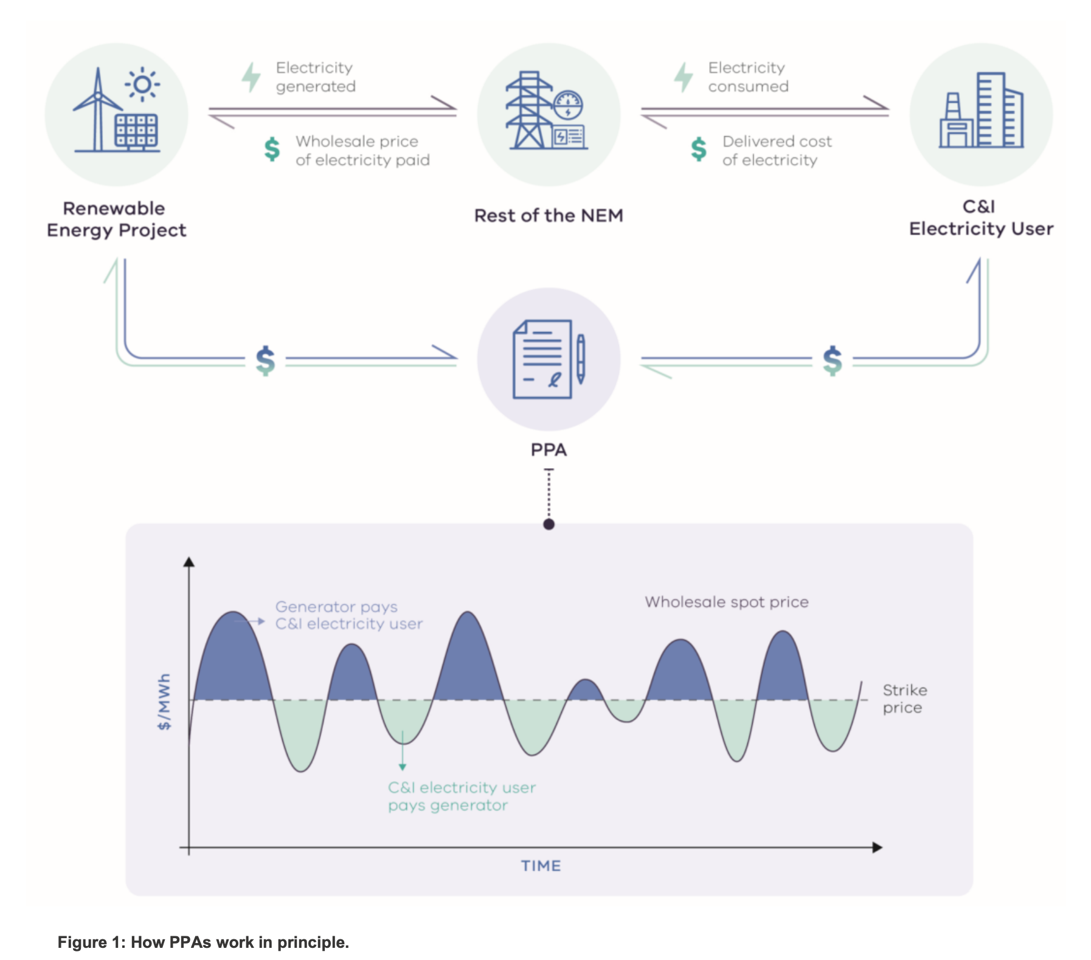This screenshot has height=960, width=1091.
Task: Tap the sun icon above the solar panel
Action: click(x=142, y=84)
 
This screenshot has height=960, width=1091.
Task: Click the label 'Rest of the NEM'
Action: click(x=549, y=216)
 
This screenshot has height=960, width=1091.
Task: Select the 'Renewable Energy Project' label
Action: click(x=116, y=219)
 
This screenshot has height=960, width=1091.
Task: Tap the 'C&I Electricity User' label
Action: click(x=980, y=218)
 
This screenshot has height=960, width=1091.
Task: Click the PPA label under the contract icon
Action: click(x=549, y=450)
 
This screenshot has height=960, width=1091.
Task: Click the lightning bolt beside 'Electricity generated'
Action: click(x=251, y=77)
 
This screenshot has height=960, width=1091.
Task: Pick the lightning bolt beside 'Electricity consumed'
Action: click(x=683, y=77)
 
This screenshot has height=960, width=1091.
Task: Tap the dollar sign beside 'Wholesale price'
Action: click(x=272, y=150)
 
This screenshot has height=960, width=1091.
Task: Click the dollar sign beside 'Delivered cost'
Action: click(x=699, y=150)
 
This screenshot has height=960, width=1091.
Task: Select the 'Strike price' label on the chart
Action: click(x=904, y=699)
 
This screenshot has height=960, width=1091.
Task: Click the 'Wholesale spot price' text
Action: click(x=727, y=602)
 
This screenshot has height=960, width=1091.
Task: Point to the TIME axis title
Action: click(x=541, y=866)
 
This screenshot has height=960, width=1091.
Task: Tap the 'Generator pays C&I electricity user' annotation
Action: click(x=348, y=615)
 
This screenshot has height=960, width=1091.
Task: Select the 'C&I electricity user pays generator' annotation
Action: click(x=462, y=796)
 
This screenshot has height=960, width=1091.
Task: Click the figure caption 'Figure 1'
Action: click(x=203, y=942)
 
